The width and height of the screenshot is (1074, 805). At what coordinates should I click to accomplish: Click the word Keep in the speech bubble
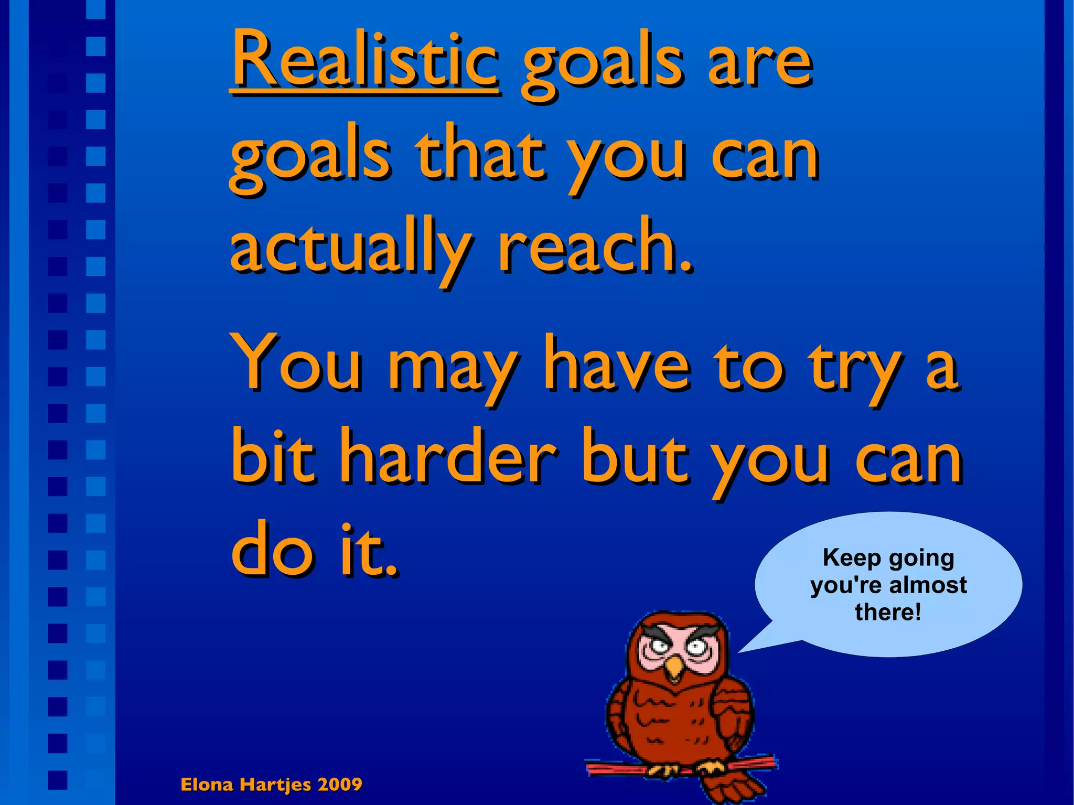pyautogui.click(x=852, y=558)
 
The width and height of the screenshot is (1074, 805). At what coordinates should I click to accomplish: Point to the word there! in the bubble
pyautogui.click(x=888, y=612)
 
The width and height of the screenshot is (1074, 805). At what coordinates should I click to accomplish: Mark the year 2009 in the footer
pyautogui.click(x=340, y=785)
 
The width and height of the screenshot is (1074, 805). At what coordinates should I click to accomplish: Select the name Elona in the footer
pyautogui.click(x=207, y=785)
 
